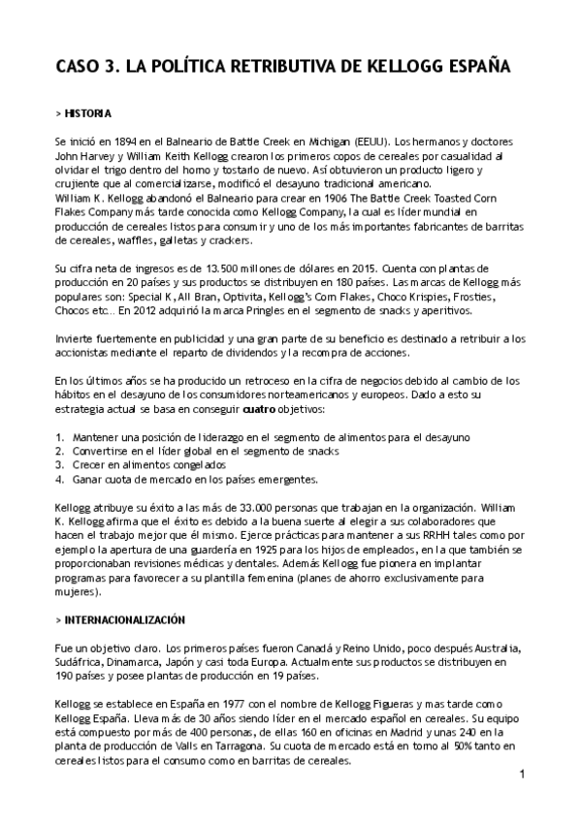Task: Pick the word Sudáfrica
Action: [81, 661]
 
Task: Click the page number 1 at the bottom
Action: [522, 775]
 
